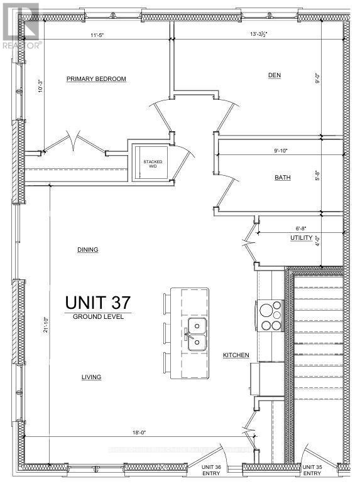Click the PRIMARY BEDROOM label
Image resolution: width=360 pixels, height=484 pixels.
tap(97, 79)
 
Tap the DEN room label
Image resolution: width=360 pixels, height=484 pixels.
tap(274, 75)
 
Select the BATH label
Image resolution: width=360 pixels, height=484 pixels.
tap(282, 178)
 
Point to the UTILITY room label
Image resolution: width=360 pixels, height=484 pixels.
tap(301, 239)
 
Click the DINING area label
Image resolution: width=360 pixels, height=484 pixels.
tap(87, 250)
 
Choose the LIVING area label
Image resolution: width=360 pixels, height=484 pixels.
tap(91, 377)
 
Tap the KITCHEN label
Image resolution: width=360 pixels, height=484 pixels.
tap(236, 355)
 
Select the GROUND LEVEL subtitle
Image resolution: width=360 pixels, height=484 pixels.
tap(98, 317)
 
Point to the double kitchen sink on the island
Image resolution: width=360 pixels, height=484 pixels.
tap(197, 333)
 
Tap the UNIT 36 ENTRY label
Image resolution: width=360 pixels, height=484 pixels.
tap(212, 471)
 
